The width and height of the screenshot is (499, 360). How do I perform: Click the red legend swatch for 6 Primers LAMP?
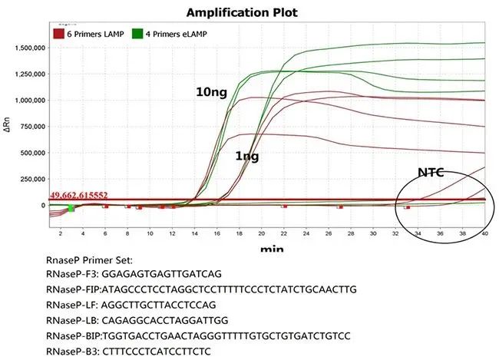(58, 33)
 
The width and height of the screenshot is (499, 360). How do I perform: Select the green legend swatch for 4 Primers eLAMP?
(138, 33)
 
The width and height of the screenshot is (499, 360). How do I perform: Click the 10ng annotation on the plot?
(212, 92)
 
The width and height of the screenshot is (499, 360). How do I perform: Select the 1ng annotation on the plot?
(246, 156)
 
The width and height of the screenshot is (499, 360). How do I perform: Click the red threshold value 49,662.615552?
(90, 197)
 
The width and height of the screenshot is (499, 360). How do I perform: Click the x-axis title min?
(270, 249)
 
